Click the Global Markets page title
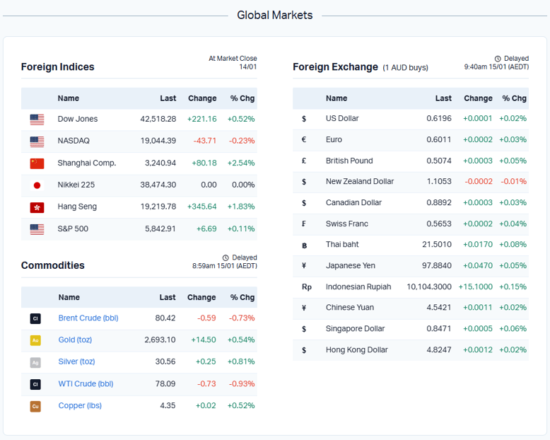pyautogui.click(x=274, y=15)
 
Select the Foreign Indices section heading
pyautogui.click(x=57, y=67)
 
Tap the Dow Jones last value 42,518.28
pyautogui.click(x=158, y=119)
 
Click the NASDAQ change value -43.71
pyautogui.click(x=205, y=141)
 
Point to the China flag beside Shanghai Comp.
pyautogui.click(x=37, y=163)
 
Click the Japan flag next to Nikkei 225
pyautogui.click(x=37, y=185)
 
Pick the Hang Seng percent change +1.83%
pyautogui.click(x=241, y=207)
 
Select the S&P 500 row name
pyautogui.click(x=73, y=228)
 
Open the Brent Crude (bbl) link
pyautogui.click(x=88, y=318)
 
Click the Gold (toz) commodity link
pyautogui.click(x=75, y=340)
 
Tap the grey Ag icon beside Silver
pyautogui.click(x=35, y=362)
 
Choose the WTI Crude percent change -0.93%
pyautogui.click(x=241, y=383)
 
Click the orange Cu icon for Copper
pyautogui.click(x=35, y=406)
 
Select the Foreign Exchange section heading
pyautogui.click(x=335, y=67)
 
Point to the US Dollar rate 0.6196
pyautogui.click(x=438, y=119)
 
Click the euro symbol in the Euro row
pyautogui.click(x=304, y=139)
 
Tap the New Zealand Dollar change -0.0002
pyautogui.click(x=479, y=181)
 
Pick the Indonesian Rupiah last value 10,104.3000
pyautogui.click(x=429, y=286)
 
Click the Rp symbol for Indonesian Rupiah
pyautogui.click(x=306, y=287)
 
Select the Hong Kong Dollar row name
pyautogui.click(x=356, y=349)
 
